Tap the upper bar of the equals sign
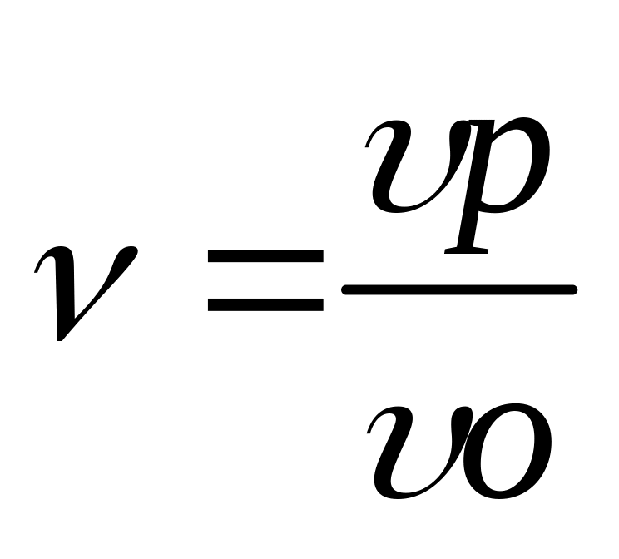click(x=265, y=257)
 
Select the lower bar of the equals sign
click(x=265, y=304)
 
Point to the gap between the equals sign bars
click(x=265, y=280)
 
